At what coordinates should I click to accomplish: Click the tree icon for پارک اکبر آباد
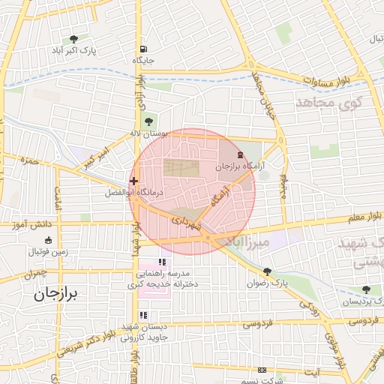pyautogui.click(x=73, y=39)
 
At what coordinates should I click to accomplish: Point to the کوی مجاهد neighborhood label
pyautogui.click(x=330, y=101)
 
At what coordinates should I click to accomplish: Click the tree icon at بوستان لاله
pyautogui.click(x=147, y=121)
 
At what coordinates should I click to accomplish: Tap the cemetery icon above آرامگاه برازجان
pyautogui.click(x=239, y=154)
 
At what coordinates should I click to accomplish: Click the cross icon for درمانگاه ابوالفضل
pyautogui.click(x=133, y=181)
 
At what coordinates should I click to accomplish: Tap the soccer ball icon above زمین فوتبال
pyautogui.click(x=48, y=240)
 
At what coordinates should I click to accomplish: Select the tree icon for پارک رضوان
pyautogui.click(x=267, y=271)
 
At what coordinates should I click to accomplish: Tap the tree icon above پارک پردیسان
pyautogui.click(x=366, y=289)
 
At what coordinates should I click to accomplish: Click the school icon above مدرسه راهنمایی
pyautogui.click(x=161, y=262)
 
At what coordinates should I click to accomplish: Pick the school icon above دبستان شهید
pyautogui.click(x=143, y=315)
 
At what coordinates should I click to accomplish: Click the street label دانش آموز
pyautogui.click(x=34, y=224)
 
